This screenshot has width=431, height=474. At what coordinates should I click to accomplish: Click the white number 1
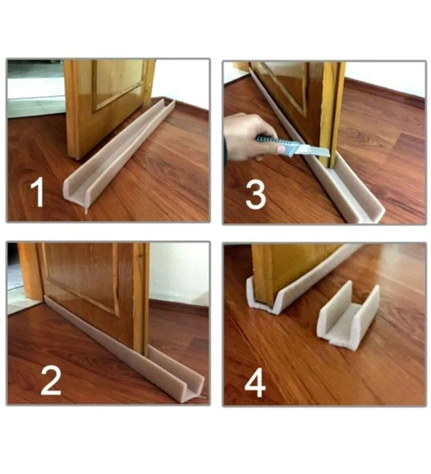(38, 192)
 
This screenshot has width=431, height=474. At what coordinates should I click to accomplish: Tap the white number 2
(50, 380)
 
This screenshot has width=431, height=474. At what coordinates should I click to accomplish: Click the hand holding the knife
(248, 137)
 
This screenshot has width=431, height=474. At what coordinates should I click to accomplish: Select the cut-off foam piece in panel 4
(348, 316)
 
